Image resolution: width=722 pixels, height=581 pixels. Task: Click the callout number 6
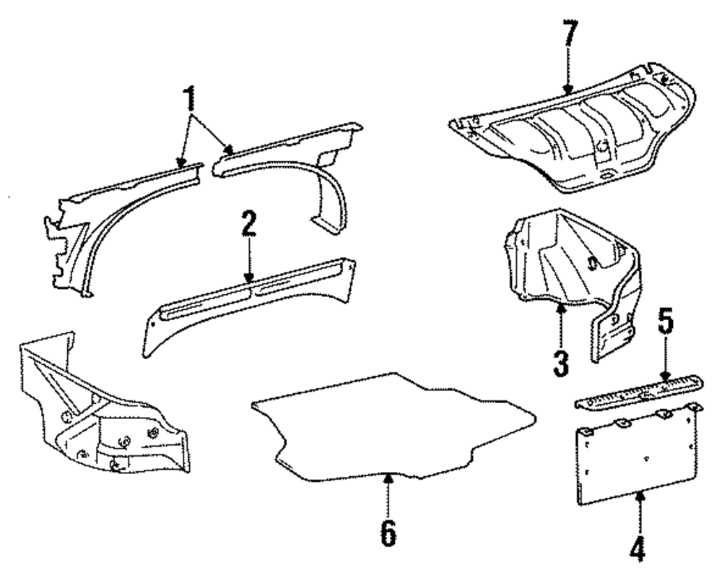tap(388, 533)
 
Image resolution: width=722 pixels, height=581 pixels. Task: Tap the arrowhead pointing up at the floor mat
tap(388, 478)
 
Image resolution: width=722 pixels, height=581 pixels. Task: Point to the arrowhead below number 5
tap(665, 375)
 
